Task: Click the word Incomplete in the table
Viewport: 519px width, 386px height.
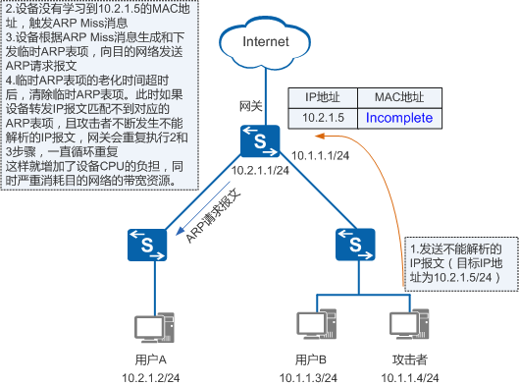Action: (x=399, y=117)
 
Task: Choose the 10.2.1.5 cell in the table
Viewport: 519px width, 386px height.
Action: (x=323, y=117)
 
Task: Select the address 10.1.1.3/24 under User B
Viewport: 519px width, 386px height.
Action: (x=317, y=375)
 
